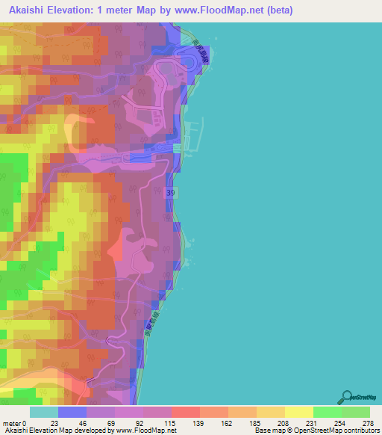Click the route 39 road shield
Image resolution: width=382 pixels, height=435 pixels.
(171, 192)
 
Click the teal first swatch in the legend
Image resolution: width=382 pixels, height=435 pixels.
(44, 412)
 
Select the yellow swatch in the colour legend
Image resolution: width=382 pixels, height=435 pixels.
(298, 412)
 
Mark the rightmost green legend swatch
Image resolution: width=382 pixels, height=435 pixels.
(356, 412)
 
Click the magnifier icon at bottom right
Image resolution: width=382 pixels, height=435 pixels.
(348, 397)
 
